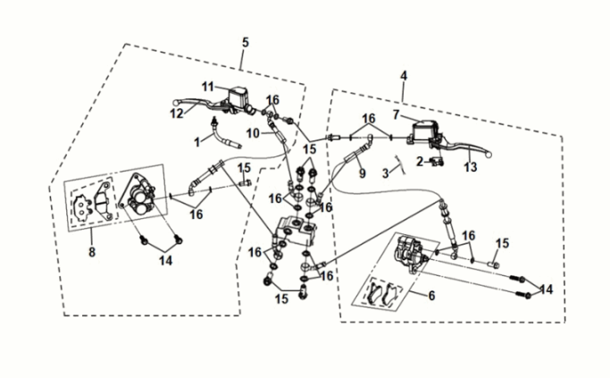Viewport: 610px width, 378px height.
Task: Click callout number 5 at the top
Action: pos(246,43)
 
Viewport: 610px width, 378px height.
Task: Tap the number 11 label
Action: pos(207,86)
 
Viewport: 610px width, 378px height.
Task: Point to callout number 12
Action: pos(177,113)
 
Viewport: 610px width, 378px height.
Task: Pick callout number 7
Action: pos(395,114)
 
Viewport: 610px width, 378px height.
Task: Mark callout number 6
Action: pos(433,296)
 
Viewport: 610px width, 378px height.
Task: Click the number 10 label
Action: pos(253,133)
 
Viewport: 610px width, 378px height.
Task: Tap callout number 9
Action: pos(363,174)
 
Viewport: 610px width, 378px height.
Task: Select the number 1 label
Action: pos(197,141)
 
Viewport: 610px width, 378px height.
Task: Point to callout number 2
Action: pos(420,161)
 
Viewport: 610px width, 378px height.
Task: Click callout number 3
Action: pos(387,171)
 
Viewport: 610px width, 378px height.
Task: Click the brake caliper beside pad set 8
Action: pos(138,197)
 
